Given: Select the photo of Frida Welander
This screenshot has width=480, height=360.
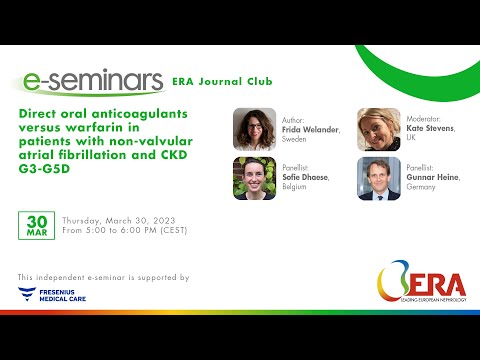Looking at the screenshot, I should tap(254, 129).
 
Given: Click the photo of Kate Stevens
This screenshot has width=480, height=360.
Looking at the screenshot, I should tap(379, 129).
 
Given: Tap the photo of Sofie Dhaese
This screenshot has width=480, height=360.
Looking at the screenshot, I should tap(254, 179).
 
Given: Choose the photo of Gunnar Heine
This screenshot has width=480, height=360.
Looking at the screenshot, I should tap(379, 179).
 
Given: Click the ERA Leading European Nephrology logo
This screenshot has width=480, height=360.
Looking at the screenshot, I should tap(420, 288).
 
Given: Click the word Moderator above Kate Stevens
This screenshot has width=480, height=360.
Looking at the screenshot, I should tap(427, 119).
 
